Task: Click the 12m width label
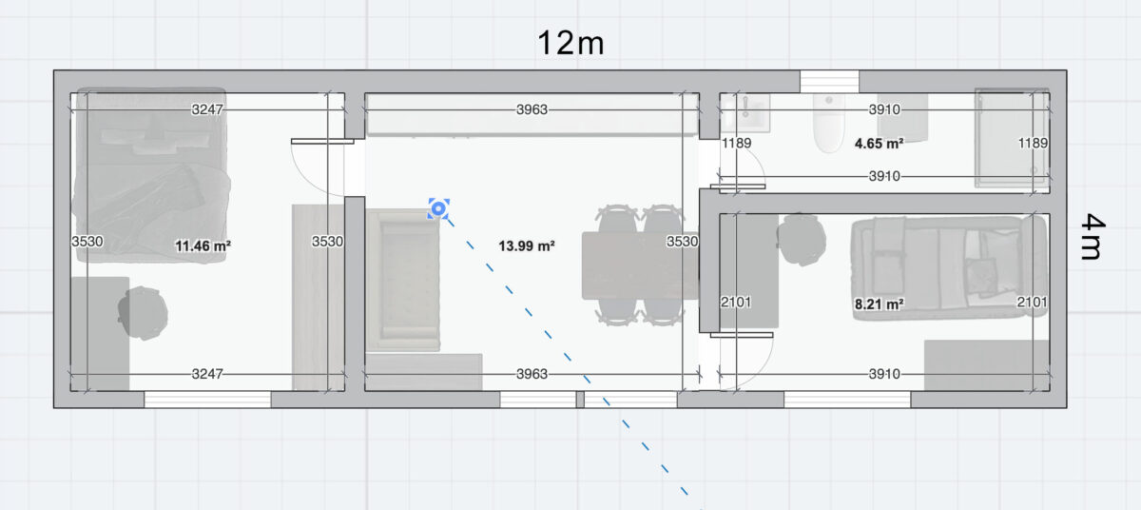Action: [570, 43]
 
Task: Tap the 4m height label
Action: [1093, 236]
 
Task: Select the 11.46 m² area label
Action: [203, 246]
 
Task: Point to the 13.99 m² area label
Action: [527, 246]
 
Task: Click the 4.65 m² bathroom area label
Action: [880, 144]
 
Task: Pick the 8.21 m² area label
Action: [880, 304]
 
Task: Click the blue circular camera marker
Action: [438, 208]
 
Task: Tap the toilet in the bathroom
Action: [829, 124]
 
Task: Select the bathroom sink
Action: [745, 112]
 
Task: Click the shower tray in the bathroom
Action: [1012, 138]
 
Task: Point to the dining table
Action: [640, 265]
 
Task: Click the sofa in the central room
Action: [403, 280]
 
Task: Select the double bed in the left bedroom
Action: [151, 176]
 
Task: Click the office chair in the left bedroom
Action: [143, 313]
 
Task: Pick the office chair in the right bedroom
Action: [802, 240]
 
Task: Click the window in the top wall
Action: [829, 82]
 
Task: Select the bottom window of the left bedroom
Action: [207, 400]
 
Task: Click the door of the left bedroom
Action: [322, 141]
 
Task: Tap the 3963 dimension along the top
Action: [532, 109]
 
